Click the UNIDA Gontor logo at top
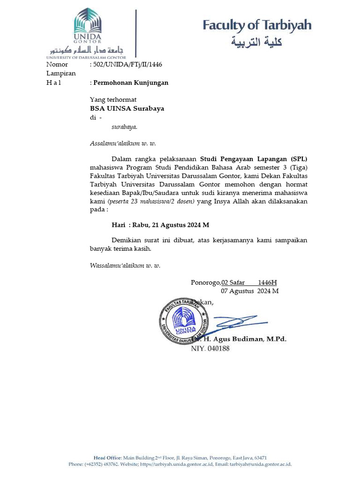pyautogui.click(x=87, y=30)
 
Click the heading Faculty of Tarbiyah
pyautogui.click(x=257, y=25)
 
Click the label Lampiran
pyautogui.click(x=60, y=74)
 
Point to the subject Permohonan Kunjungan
pyautogui.click(x=131, y=82)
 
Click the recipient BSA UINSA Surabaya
pyautogui.click(x=127, y=108)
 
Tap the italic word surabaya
pyautogui.click(x=124, y=126)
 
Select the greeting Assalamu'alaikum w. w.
pyautogui.click(x=123, y=143)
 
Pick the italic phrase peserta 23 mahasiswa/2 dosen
pyautogui.click(x=145, y=201)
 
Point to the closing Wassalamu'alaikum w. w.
pyautogui.click(x=125, y=265)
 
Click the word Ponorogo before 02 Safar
pyautogui.click(x=205, y=282)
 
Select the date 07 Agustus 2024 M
pyautogui.click(x=250, y=291)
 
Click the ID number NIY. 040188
pyautogui.click(x=210, y=349)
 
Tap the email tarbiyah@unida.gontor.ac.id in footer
pyautogui.click(x=260, y=464)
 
